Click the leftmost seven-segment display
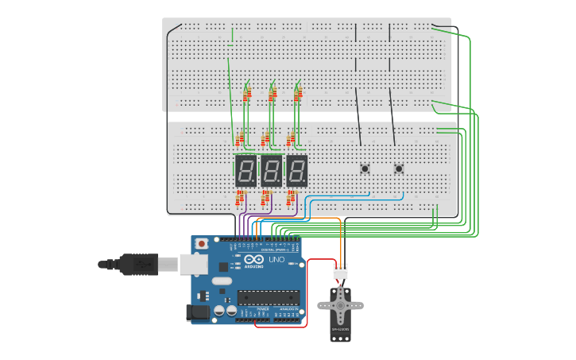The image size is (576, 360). (245, 171)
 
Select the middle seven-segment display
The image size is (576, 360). (271, 171)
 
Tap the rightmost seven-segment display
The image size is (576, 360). (296, 171)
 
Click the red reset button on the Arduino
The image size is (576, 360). (203, 242)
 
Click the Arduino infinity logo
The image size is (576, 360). (254, 260)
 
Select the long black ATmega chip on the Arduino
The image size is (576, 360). (269, 297)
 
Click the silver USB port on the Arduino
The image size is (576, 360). (193, 264)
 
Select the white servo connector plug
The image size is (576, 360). (340, 272)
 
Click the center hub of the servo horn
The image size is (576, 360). (340, 304)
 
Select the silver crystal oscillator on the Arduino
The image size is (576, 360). (222, 281)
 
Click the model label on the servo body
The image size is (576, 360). (340, 329)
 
